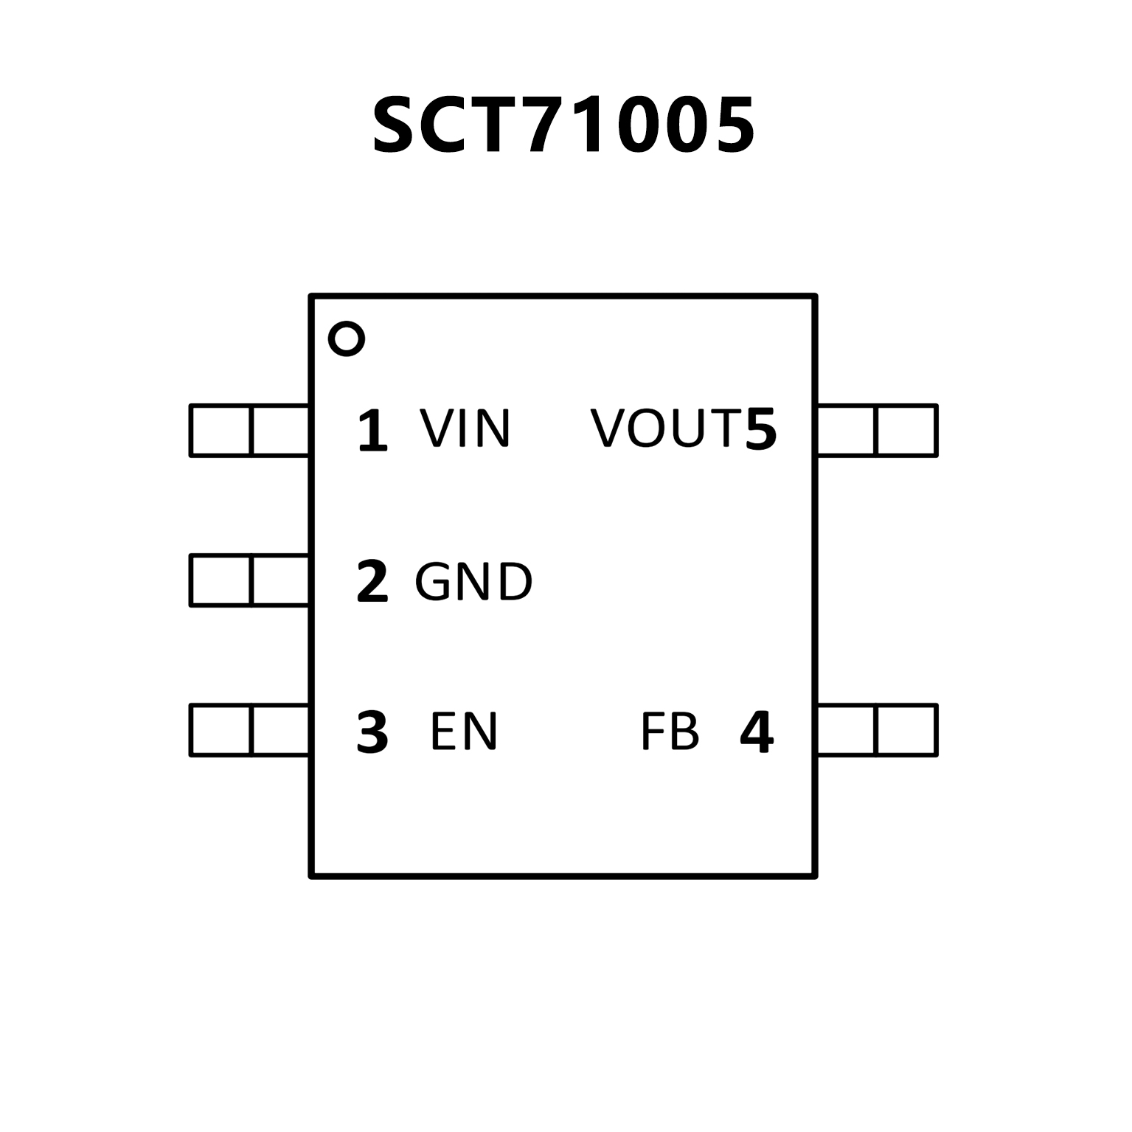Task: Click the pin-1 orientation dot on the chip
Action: click(346, 339)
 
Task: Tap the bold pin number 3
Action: click(372, 732)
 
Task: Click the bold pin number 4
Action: click(757, 732)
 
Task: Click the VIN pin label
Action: click(465, 428)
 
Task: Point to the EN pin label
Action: click(464, 732)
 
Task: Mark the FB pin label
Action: click(670, 732)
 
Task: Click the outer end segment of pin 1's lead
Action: click(221, 430)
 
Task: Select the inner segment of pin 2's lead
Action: click(280, 580)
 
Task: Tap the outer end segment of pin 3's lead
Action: click(221, 730)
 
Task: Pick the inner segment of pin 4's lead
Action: click(847, 730)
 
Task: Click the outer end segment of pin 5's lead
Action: click(906, 430)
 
